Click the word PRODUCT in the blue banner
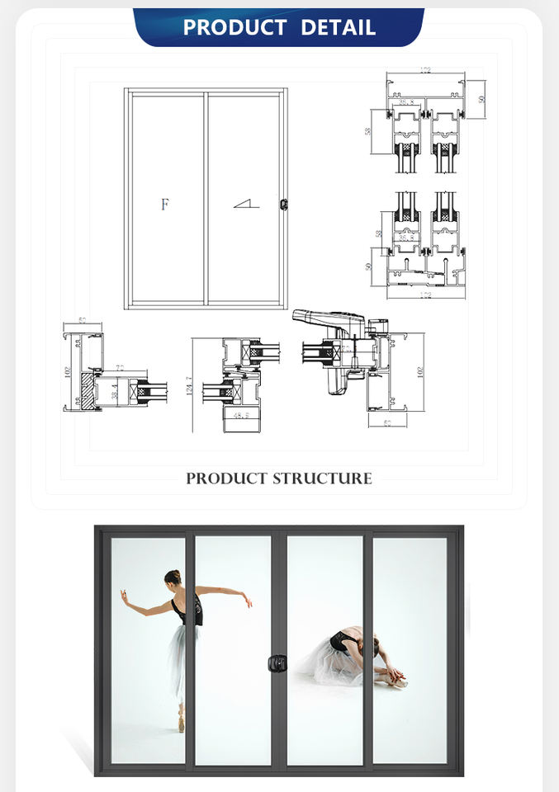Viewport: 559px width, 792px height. click(235, 27)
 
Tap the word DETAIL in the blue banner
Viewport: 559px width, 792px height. click(338, 27)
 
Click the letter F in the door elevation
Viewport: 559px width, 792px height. click(165, 205)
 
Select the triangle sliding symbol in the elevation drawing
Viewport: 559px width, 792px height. click(246, 202)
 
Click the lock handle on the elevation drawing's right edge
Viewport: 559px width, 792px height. click(284, 203)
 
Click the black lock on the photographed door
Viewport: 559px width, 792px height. click(278, 662)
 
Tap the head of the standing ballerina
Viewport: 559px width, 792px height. click(173, 578)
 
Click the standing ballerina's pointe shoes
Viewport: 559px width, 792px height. click(180, 724)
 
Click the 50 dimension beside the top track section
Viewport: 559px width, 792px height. click(481, 98)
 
